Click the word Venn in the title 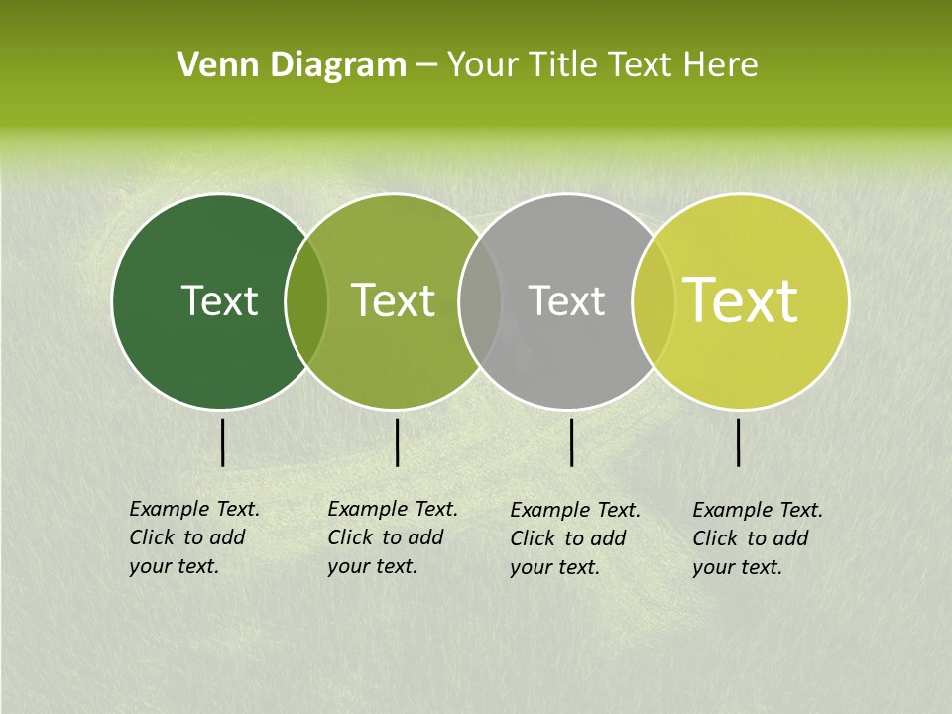(x=212, y=65)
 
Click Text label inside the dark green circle (x=219, y=300)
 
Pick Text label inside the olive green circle (x=394, y=300)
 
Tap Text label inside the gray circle (x=566, y=300)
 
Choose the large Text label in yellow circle (x=741, y=300)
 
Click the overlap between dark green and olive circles (x=306, y=300)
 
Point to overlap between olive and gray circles (x=480, y=300)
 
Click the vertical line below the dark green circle (x=222, y=442)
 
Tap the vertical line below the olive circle (x=397, y=442)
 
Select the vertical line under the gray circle (x=571, y=442)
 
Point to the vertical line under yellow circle (x=738, y=442)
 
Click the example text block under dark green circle (x=194, y=537)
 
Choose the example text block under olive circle (x=393, y=537)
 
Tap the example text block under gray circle (x=575, y=538)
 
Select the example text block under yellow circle (x=758, y=538)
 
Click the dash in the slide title (x=426, y=65)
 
